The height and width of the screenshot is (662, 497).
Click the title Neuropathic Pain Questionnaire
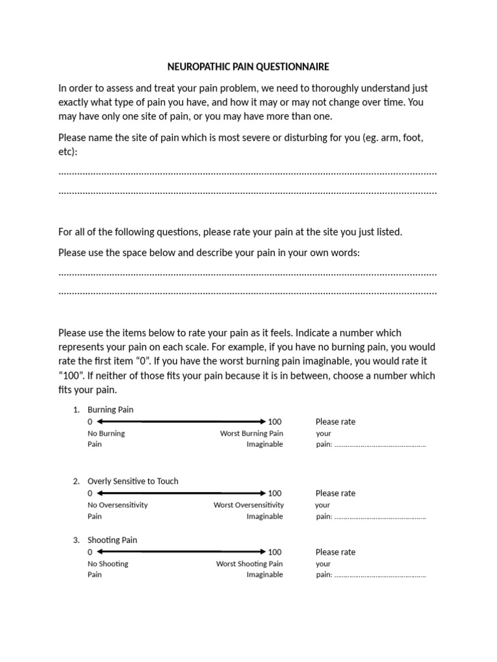point(248,67)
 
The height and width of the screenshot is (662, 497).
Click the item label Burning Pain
point(111,410)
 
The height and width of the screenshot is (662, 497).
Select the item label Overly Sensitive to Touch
point(133,482)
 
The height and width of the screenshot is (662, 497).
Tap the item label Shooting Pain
point(112,540)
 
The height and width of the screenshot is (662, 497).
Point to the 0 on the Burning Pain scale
point(90,422)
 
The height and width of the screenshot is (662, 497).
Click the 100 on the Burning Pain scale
point(274,422)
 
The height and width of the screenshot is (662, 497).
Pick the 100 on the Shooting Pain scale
point(274,552)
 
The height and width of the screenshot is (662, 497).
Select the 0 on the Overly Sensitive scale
point(90,493)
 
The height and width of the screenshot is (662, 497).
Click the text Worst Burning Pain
point(251,434)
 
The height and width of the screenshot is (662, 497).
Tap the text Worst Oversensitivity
point(248,505)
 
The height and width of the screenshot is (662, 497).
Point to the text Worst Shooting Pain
point(249,564)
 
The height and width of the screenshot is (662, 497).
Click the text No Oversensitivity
point(117,505)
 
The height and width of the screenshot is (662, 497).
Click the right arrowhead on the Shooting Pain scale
point(263,552)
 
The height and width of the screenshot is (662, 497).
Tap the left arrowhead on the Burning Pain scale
point(99,422)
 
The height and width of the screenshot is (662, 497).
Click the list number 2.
point(76,482)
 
